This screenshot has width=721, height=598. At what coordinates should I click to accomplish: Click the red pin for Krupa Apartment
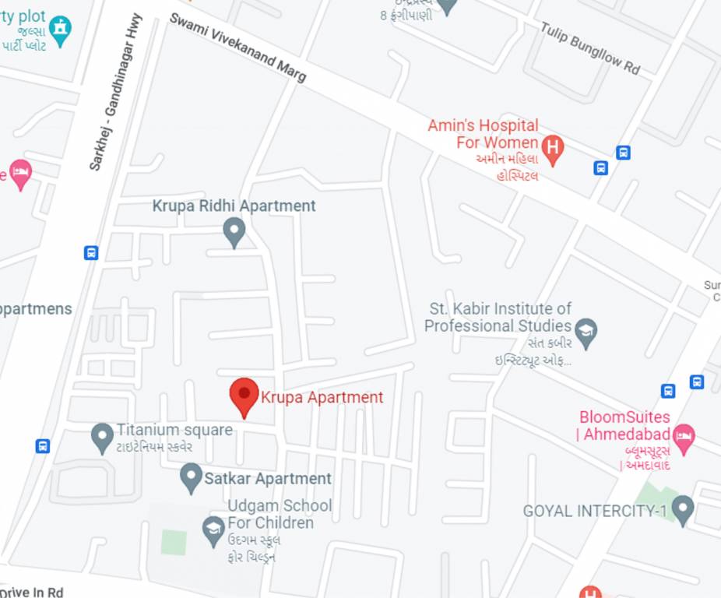click(x=244, y=395)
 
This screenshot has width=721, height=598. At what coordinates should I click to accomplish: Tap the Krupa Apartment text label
click(x=322, y=397)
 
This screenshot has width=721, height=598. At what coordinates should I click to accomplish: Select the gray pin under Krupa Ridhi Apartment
click(x=234, y=231)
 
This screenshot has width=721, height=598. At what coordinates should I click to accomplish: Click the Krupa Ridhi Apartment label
click(x=234, y=206)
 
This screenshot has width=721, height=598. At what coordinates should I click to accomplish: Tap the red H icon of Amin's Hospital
click(x=552, y=147)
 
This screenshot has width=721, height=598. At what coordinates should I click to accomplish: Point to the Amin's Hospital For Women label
click(x=483, y=134)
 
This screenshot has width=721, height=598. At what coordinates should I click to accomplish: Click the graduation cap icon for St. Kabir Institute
click(x=586, y=331)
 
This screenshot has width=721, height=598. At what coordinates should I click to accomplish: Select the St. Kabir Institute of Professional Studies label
click(x=498, y=318)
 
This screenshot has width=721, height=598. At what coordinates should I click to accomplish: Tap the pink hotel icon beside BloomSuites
click(x=684, y=438)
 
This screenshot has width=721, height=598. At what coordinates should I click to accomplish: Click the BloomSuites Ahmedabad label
click(x=624, y=426)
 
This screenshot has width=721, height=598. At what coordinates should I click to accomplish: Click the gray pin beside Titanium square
click(x=102, y=437)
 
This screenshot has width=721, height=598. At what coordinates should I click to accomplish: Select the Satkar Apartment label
click(x=268, y=479)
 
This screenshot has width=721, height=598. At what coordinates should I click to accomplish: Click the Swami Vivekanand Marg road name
click(x=237, y=47)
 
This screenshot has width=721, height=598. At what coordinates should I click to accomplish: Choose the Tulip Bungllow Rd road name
click(x=590, y=47)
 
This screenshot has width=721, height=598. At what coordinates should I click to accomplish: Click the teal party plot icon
click(x=60, y=29)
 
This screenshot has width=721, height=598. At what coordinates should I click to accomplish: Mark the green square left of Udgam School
click(x=174, y=542)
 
